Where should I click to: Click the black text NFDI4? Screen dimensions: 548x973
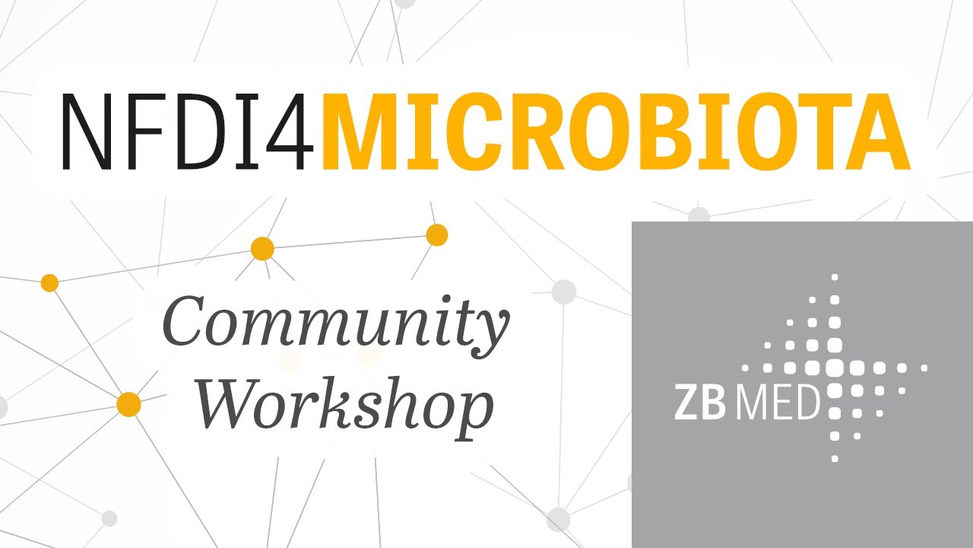point(186,130)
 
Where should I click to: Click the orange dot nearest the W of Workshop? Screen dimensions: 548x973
point(129,404)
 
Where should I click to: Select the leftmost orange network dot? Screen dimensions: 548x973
point(49,283)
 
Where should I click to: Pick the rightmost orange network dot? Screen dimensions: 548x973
point(436,235)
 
